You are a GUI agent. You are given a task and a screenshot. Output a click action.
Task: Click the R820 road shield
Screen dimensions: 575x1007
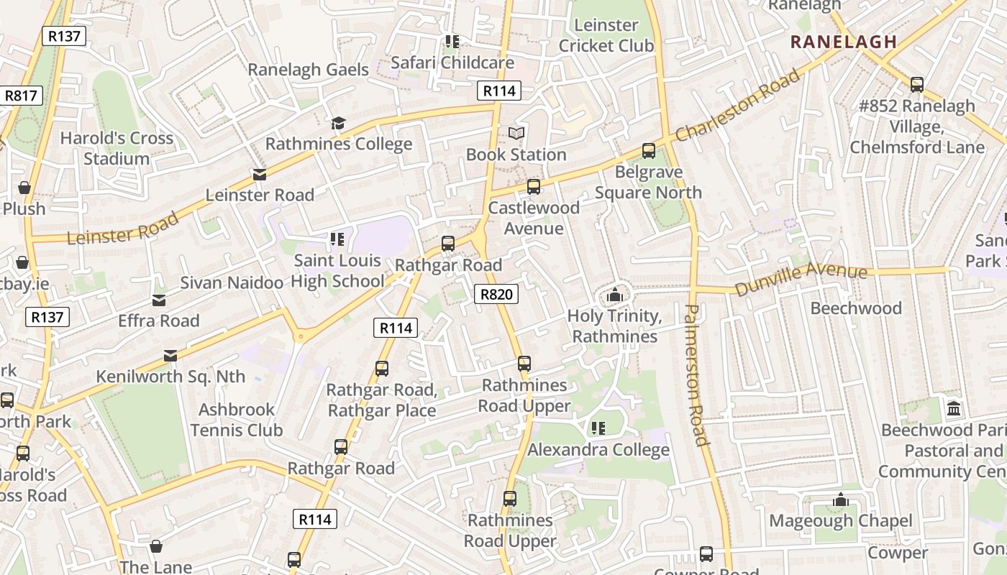click(x=496, y=293)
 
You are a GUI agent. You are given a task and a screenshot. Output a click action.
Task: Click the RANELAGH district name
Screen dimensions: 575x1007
click(x=844, y=42)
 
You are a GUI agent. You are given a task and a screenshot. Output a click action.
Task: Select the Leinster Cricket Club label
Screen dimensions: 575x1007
click(x=606, y=35)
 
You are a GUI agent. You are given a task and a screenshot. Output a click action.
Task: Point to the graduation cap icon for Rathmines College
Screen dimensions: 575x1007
click(x=338, y=124)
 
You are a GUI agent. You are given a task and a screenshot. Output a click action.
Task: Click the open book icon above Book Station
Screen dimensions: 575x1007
click(x=516, y=134)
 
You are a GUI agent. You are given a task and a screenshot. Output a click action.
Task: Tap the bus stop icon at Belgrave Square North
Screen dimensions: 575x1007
click(x=648, y=151)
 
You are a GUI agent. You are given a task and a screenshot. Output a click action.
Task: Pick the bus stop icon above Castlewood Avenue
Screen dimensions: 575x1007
click(x=533, y=187)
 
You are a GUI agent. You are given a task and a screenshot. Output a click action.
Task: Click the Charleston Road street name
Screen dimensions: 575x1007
click(x=737, y=105)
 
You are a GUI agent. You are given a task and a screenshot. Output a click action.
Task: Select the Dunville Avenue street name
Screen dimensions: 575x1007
click(x=801, y=280)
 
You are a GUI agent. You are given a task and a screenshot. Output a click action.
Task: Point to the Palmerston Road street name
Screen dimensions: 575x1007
click(x=696, y=374)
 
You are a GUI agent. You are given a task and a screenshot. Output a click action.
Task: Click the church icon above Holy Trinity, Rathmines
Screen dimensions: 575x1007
click(x=614, y=295)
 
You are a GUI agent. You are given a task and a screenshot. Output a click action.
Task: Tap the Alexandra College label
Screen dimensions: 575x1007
click(x=598, y=450)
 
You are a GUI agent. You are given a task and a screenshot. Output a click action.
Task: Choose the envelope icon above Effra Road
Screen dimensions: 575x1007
click(x=159, y=300)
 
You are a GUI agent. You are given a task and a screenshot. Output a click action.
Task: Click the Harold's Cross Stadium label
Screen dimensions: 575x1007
click(x=117, y=148)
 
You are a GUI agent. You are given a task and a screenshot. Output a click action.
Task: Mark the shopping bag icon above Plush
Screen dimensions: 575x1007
click(x=24, y=188)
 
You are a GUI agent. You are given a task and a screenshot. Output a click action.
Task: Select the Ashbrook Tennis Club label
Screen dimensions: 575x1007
click(x=236, y=420)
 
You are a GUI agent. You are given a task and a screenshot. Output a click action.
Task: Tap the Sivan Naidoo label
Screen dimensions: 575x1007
click(x=232, y=282)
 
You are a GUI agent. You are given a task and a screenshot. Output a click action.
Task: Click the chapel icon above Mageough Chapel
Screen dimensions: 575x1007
click(x=840, y=500)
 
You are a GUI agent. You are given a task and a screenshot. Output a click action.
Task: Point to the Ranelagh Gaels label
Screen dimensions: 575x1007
click(x=308, y=70)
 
